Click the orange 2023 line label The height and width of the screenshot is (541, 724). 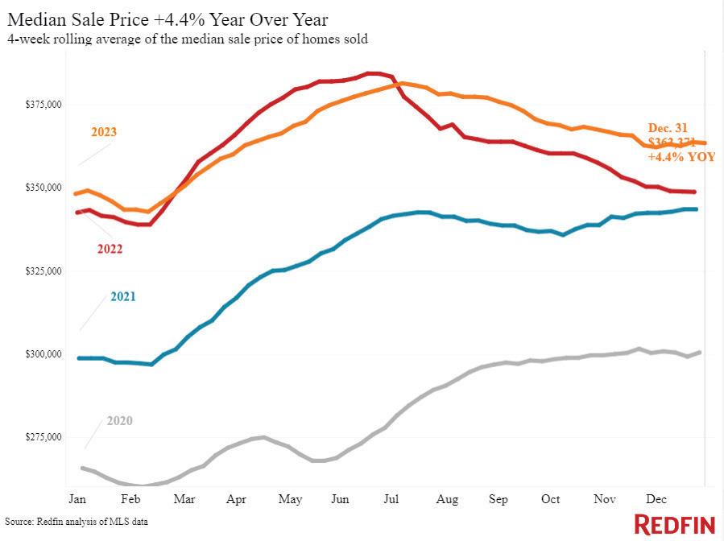click(x=103, y=132)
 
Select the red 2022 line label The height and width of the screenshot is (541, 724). click(x=110, y=249)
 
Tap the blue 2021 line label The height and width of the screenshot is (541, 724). click(x=122, y=297)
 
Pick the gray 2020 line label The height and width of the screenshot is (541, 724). click(x=119, y=421)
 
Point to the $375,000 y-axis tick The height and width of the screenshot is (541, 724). click(x=43, y=105)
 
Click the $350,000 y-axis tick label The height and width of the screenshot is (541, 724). click(x=43, y=188)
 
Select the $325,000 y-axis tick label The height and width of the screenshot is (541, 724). click(x=43, y=271)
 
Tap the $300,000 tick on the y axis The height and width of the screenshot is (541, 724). click(x=43, y=354)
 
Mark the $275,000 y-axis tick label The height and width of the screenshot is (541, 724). click(x=43, y=437)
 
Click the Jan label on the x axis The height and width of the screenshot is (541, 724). click(x=78, y=499)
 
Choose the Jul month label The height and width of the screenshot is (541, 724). click(x=392, y=499)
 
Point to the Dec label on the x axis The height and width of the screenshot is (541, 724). click(x=656, y=499)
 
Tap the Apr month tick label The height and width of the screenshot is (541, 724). click(x=236, y=499)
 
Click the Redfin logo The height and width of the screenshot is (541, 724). click(x=675, y=524)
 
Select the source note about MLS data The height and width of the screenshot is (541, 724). click(x=77, y=522)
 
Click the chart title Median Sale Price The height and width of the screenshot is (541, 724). click(x=167, y=19)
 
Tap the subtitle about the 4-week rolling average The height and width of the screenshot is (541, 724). click(x=187, y=39)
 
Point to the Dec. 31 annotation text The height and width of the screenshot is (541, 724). click(x=668, y=127)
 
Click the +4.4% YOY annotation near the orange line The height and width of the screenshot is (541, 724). click(x=681, y=157)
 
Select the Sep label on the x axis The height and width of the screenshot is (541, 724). click(x=499, y=499)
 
